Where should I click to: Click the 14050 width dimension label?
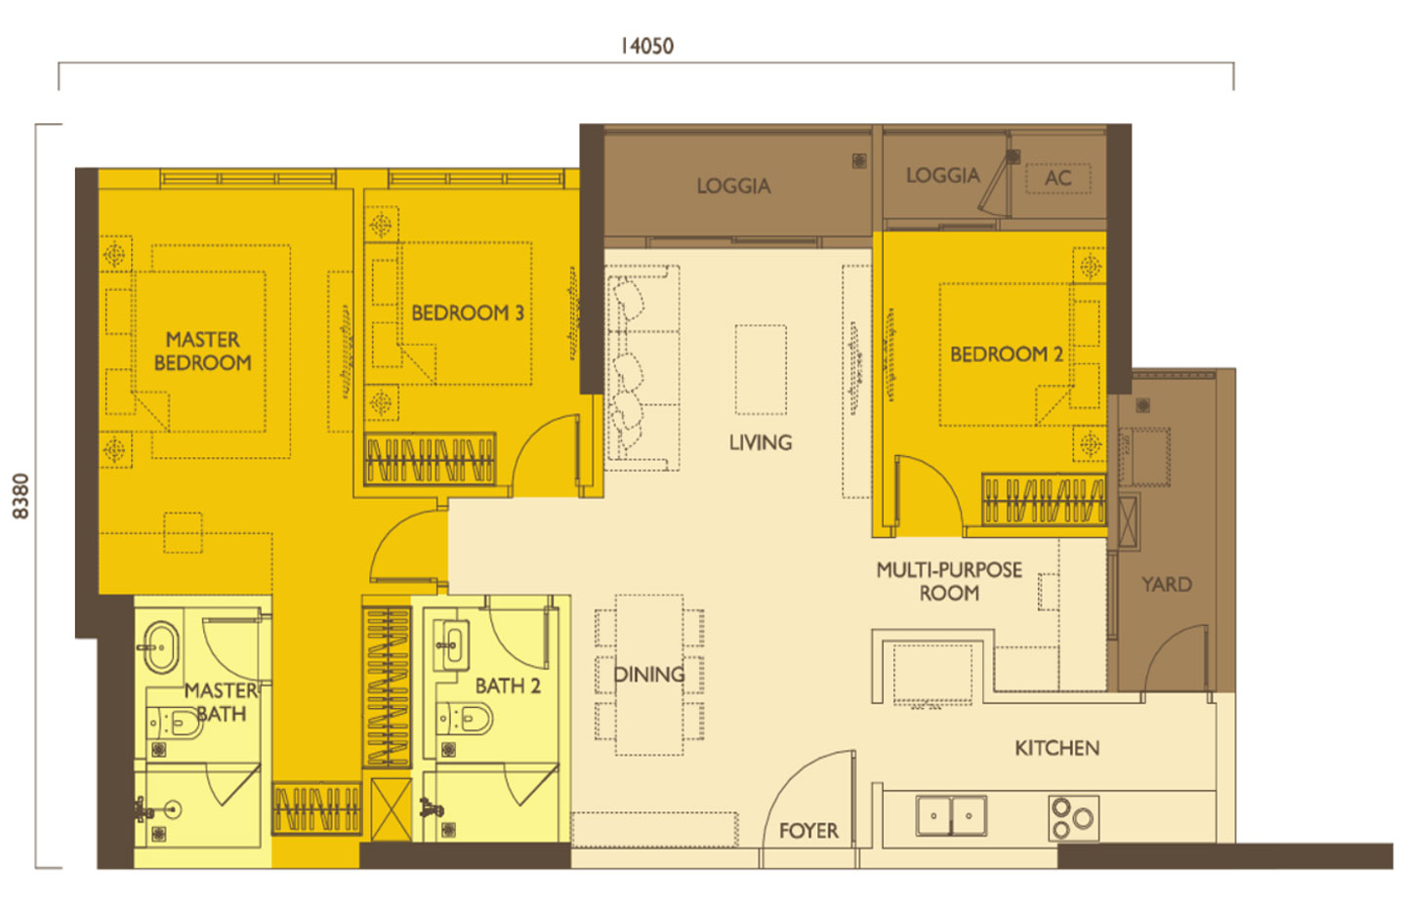click(646, 46)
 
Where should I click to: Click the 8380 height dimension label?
click(21, 496)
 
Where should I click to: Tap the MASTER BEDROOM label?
click(202, 351)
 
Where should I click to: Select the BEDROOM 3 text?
click(467, 313)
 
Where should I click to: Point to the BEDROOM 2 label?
click(1006, 354)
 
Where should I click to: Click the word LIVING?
click(760, 442)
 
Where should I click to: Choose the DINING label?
click(648, 675)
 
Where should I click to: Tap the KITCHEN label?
click(1056, 748)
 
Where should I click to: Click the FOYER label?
click(808, 831)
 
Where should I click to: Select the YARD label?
click(1167, 585)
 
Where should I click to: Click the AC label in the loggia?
click(1057, 179)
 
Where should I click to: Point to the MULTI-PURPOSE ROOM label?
click(948, 581)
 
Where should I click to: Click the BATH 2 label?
click(508, 686)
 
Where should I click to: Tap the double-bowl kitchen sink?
click(951, 815)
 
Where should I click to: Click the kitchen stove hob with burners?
click(1073, 818)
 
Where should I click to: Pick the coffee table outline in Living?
click(761, 370)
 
